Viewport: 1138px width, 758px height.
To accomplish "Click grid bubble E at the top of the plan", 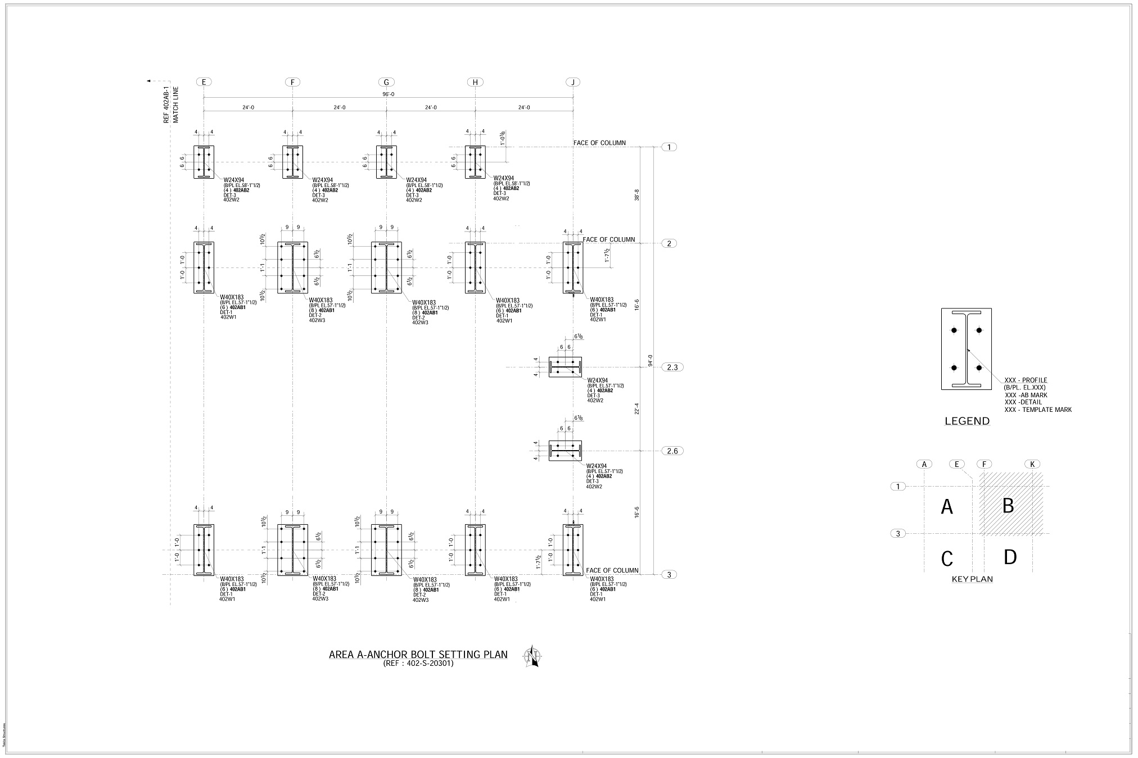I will [204, 82].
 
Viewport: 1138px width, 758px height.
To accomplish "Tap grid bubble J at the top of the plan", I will [573, 82].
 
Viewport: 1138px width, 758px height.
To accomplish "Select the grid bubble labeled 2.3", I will [672, 367].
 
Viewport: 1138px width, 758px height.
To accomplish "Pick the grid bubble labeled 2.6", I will [672, 451].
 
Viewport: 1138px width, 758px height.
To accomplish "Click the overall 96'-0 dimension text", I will [388, 94].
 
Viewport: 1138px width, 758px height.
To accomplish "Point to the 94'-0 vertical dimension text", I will [650, 360].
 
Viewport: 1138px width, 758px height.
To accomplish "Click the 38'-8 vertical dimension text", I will [636, 195].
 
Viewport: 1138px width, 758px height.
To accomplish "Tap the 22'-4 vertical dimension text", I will [636, 408].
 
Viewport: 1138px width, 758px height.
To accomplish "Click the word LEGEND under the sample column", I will [967, 421].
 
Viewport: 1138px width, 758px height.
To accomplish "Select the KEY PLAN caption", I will [972, 579].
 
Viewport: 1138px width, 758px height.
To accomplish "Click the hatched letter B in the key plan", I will [1008, 506].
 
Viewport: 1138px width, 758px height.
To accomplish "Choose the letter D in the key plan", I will [1010, 557].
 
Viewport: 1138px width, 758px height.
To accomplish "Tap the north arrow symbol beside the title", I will [532, 656].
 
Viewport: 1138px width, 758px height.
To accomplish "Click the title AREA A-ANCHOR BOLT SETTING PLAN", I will [418, 655].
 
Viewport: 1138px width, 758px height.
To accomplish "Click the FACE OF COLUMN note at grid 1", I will [599, 143].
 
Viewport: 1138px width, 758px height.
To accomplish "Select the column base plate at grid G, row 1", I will [386, 162].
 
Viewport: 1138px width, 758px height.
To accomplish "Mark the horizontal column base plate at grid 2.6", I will [565, 451].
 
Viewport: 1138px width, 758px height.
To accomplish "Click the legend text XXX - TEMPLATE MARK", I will [1038, 410].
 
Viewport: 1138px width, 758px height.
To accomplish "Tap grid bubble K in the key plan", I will [1032, 464].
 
